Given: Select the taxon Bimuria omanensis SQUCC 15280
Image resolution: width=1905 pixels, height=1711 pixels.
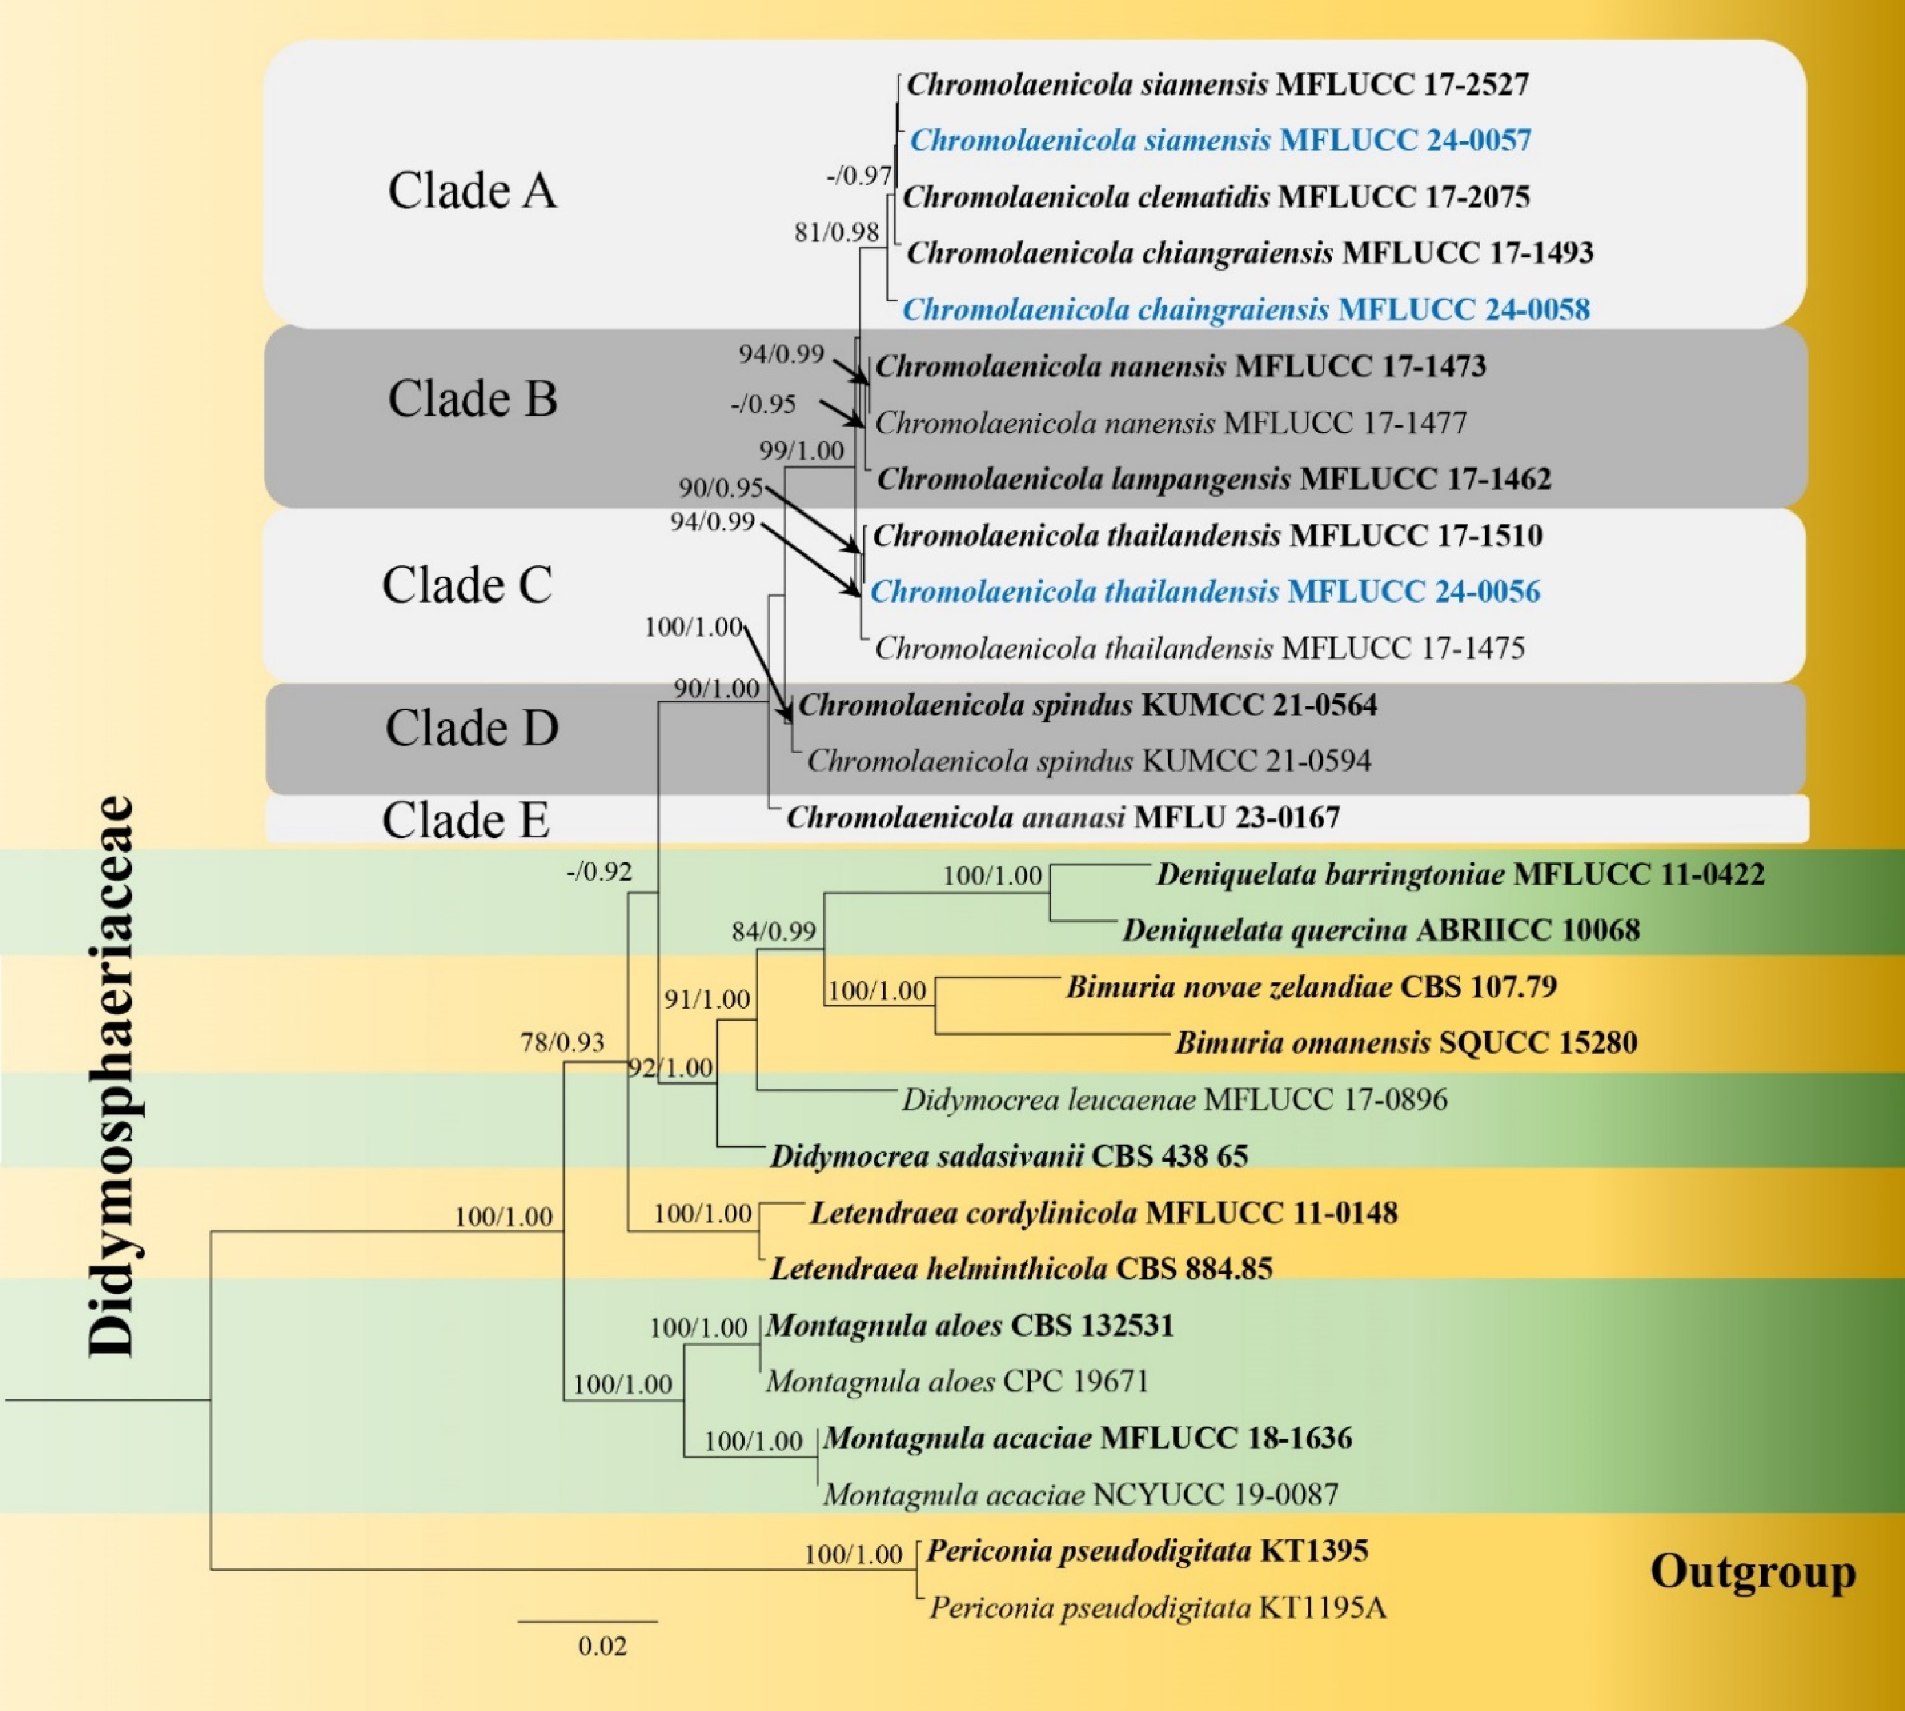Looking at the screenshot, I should pos(1406,1042).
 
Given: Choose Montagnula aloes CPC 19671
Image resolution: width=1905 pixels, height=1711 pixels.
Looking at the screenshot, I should pos(957,1381).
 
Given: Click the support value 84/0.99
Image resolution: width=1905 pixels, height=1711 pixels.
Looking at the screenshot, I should pos(774,931).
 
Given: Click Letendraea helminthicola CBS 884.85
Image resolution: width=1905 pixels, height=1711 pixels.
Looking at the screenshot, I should pos(1021,1269).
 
